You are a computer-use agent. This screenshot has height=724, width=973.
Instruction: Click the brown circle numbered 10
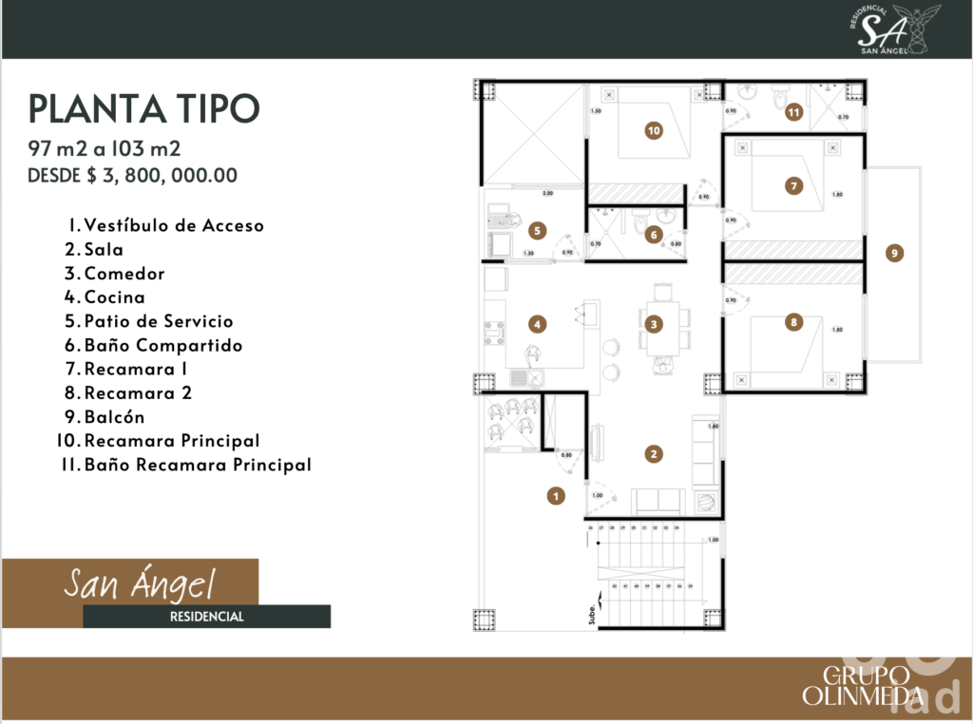(653, 131)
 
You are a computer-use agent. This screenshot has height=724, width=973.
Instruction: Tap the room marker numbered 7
(793, 185)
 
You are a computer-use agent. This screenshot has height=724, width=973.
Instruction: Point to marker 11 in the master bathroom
(794, 112)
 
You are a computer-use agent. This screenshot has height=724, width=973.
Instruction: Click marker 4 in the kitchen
(538, 325)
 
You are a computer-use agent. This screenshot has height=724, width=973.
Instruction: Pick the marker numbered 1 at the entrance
(557, 494)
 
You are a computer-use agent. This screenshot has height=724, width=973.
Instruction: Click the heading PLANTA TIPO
(143, 109)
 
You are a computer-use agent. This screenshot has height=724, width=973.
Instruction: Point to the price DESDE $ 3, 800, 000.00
(132, 175)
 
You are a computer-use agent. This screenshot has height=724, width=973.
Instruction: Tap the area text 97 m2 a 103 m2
(105, 148)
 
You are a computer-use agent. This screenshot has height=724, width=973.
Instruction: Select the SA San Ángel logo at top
(885, 28)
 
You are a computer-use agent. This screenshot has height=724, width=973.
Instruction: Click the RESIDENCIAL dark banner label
(206, 617)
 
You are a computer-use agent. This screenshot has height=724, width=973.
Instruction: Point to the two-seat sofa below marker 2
(658, 501)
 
